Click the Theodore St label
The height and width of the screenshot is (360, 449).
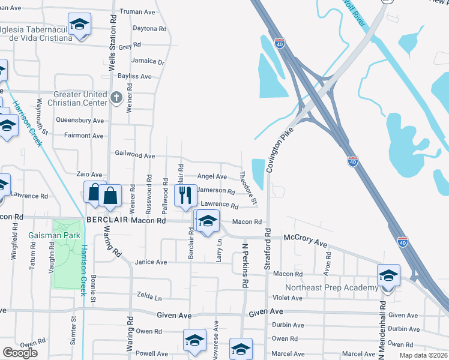point(248,187)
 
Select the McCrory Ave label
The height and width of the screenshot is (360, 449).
point(305,241)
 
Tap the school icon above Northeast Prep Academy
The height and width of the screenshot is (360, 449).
point(388,276)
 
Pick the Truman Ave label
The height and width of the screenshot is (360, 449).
point(138,11)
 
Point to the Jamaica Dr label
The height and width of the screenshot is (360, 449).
point(148,61)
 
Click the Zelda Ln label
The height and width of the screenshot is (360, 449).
point(149,297)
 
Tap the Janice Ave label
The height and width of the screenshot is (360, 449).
point(151,262)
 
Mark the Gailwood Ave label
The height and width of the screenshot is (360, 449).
point(135,155)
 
